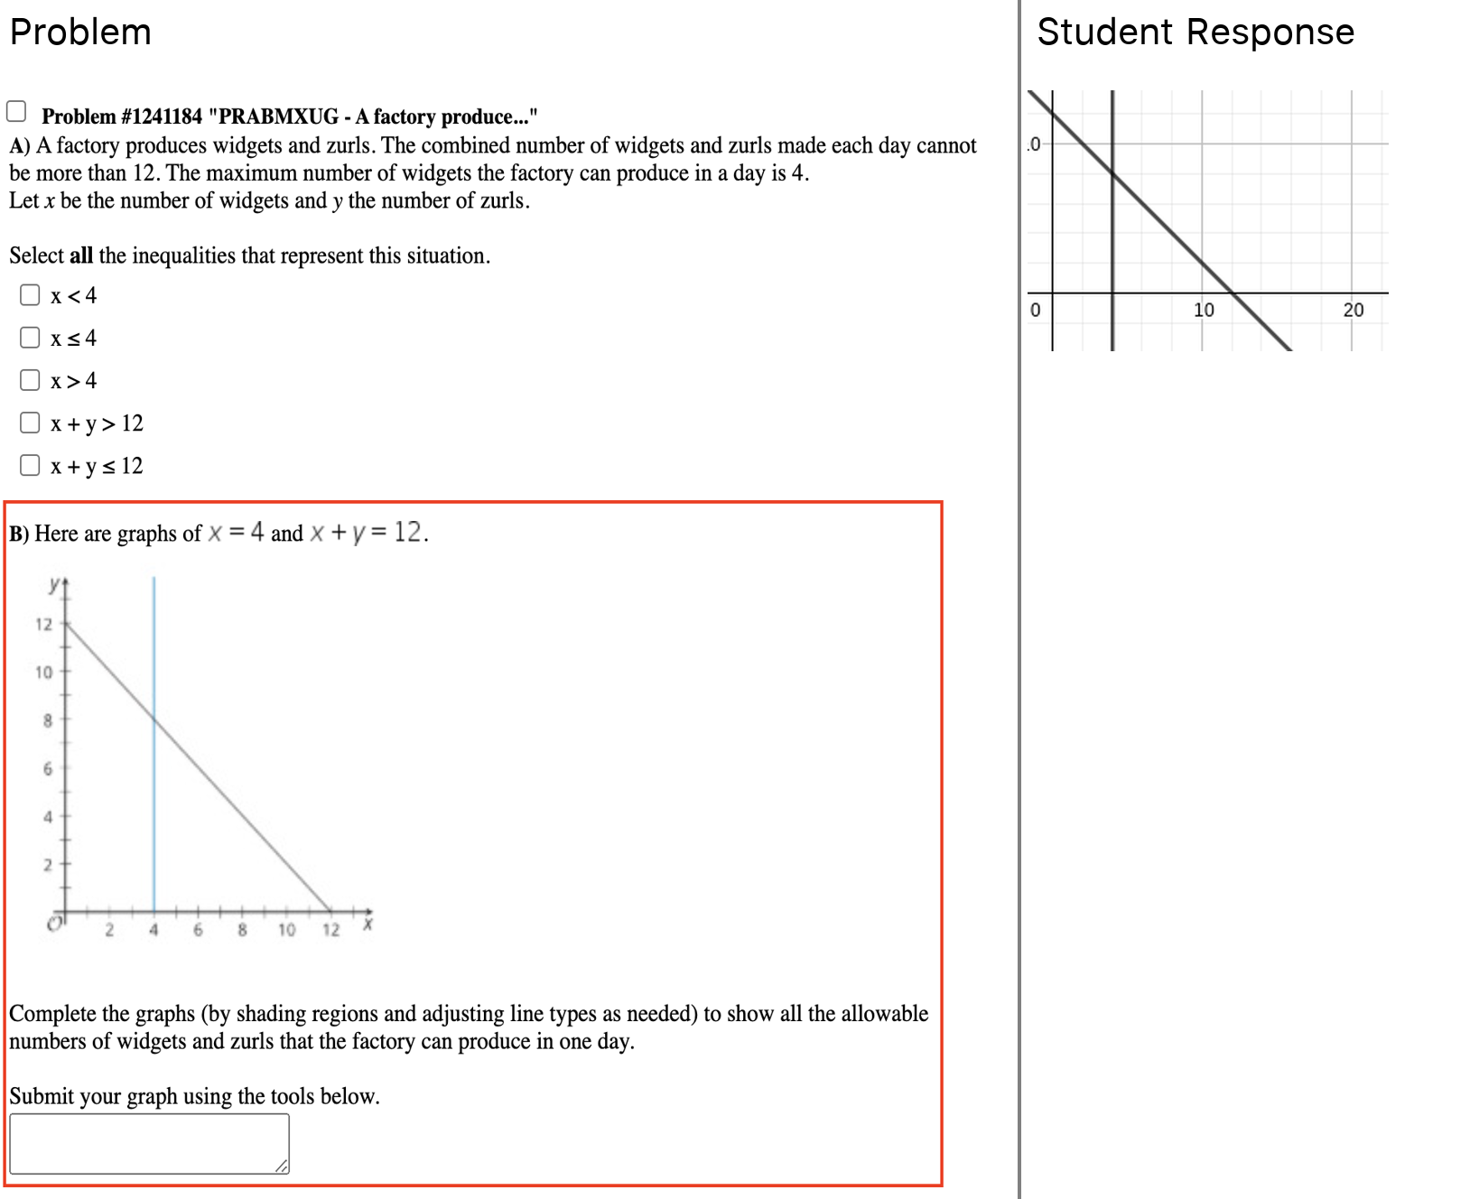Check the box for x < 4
point(30,295)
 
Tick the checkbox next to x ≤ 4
point(30,338)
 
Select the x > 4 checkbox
point(30,380)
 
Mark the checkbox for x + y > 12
point(30,423)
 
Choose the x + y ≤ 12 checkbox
point(30,465)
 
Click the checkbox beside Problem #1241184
point(16,111)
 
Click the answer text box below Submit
point(149,1143)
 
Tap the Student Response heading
point(1195,33)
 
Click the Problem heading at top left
point(80,33)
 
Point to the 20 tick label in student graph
point(1353,310)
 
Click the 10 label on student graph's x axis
point(1204,310)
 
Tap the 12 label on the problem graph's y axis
point(43,624)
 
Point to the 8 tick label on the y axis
point(48,720)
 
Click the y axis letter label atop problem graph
point(55,584)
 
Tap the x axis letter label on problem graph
point(367,924)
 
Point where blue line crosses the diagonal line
point(154,720)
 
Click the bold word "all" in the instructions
point(81,256)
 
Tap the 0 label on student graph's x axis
point(1035,310)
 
